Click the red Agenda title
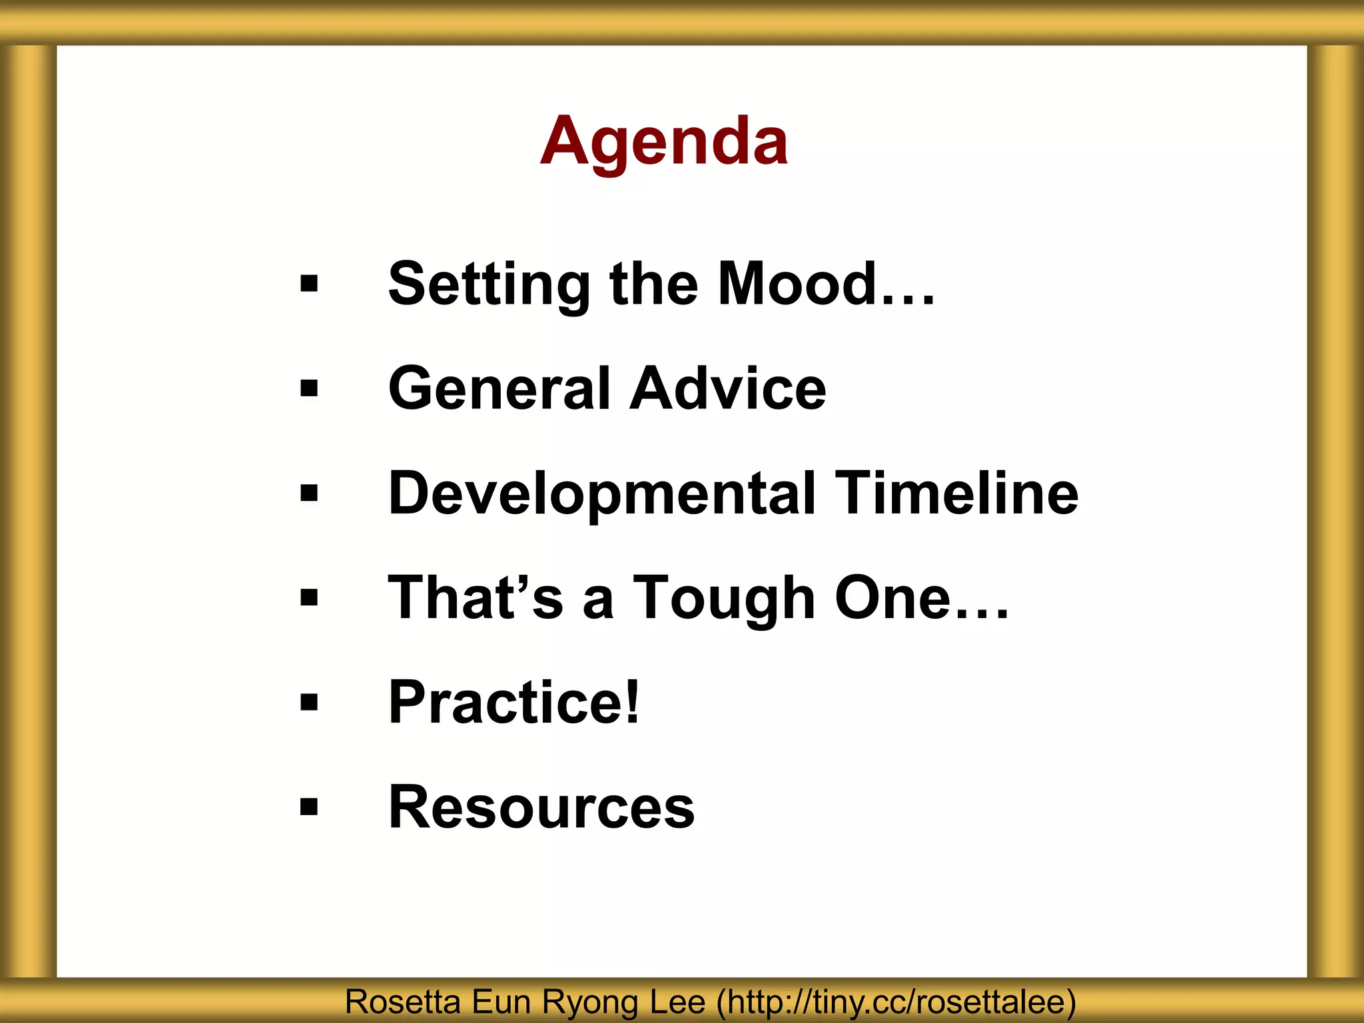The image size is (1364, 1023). [x=664, y=141]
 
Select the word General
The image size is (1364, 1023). [x=500, y=389]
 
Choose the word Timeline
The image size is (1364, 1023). [x=956, y=494]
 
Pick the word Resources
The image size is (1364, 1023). [x=541, y=807]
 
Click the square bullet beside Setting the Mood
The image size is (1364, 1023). [x=309, y=284]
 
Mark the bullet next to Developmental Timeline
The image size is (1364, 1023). [x=309, y=494]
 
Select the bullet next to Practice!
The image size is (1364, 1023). [x=309, y=702]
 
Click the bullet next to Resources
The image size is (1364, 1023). [x=309, y=807]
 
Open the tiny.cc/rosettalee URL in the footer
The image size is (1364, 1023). [x=896, y=1002]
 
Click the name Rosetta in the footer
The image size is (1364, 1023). [x=402, y=1002]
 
